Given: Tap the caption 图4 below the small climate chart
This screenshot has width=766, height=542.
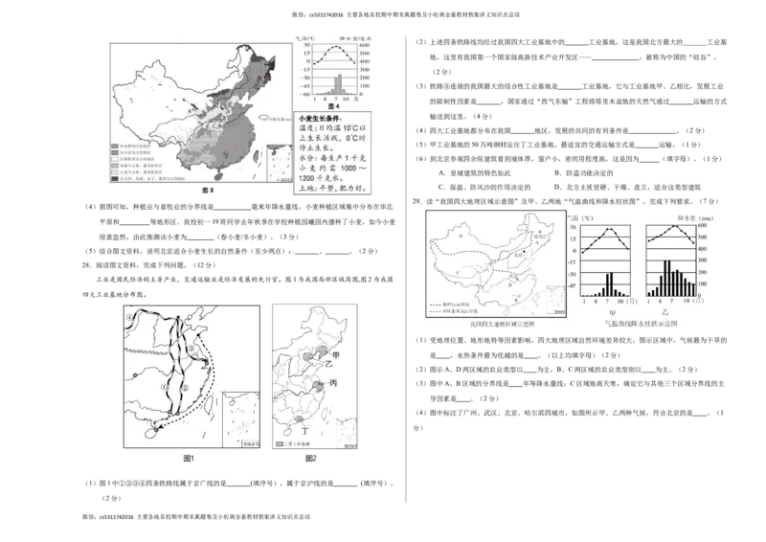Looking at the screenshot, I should coord(334,105).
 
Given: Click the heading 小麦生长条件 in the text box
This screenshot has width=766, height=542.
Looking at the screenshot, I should coord(324,118).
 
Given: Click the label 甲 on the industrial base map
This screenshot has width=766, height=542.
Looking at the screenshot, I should coord(335,353).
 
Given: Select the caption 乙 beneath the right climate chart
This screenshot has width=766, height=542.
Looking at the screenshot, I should coord(665,312).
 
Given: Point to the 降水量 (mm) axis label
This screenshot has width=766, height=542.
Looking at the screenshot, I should coord(690,217).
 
